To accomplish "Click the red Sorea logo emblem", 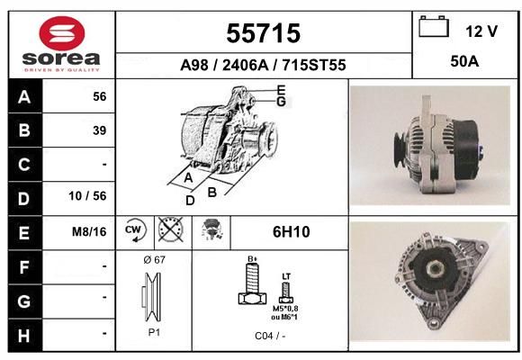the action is coord(62,33).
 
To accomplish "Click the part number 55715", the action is coord(264,33).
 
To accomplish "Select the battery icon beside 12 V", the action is coord(434,26).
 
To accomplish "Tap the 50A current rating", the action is coord(464,61).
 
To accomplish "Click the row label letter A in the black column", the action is coord(24,97).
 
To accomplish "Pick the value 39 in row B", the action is coord(100,130).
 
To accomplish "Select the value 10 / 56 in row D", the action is coord(87,196).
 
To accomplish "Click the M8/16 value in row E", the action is coord(89,231).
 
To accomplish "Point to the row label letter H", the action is coord(24,336).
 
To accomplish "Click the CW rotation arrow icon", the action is coord(136,229).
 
